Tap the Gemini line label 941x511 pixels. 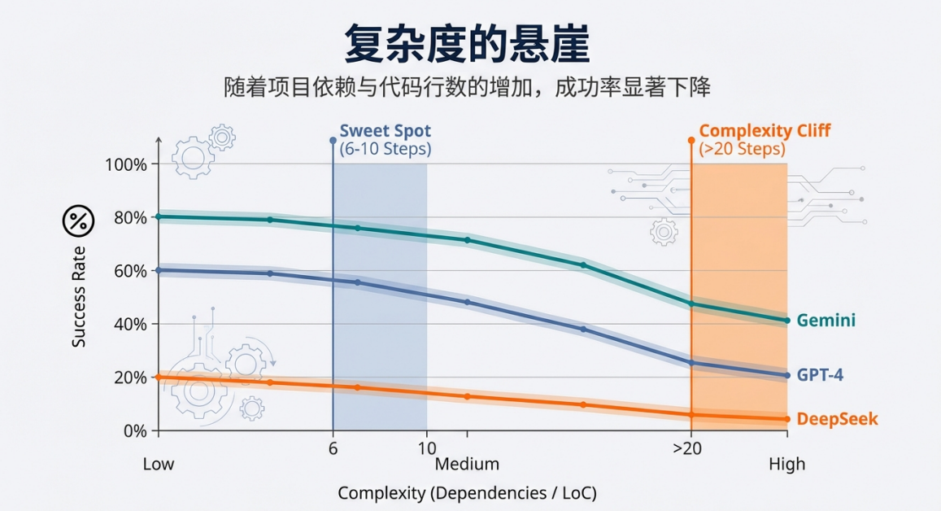point(826,321)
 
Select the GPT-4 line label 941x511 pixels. point(820,375)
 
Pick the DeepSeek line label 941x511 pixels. point(837,419)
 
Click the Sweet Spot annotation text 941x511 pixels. point(385,130)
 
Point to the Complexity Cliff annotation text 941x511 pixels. point(765,130)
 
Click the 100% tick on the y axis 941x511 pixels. point(126,164)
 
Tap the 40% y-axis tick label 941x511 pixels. point(129,324)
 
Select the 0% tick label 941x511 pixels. point(133,430)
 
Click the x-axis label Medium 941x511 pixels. point(467,464)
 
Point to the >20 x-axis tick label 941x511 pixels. point(687,448)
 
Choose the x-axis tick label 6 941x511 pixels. point(333,448)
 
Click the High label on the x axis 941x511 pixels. point(786,464)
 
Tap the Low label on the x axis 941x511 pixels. point(159,464)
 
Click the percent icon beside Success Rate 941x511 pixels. point(79,220)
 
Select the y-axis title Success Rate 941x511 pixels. point(79,297)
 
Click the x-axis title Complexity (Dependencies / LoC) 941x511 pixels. point(467,493)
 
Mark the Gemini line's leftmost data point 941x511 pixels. point(159,216)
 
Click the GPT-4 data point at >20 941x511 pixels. point(691,363)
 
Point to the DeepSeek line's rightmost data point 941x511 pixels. point(786,419)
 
